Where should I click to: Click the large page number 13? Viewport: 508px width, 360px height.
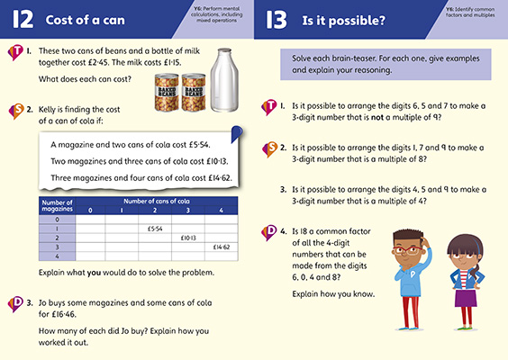tap(277, 19)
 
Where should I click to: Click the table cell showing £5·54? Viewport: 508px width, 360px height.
tap(156, 229)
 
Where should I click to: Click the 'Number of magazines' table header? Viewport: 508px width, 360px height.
tap(56, 205)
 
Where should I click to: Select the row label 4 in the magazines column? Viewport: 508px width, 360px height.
tap(56, 256)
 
